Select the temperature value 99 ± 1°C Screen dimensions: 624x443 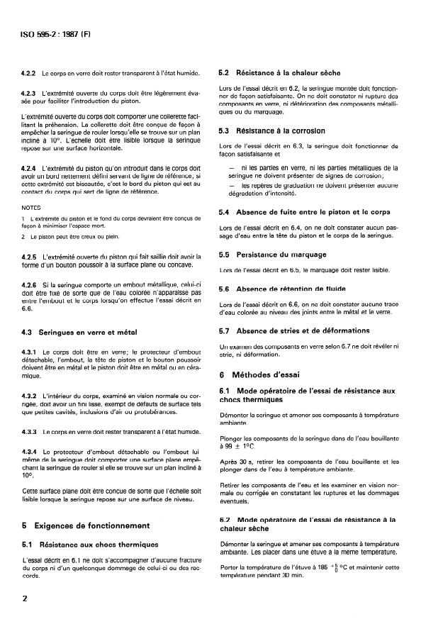pos(243,449)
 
